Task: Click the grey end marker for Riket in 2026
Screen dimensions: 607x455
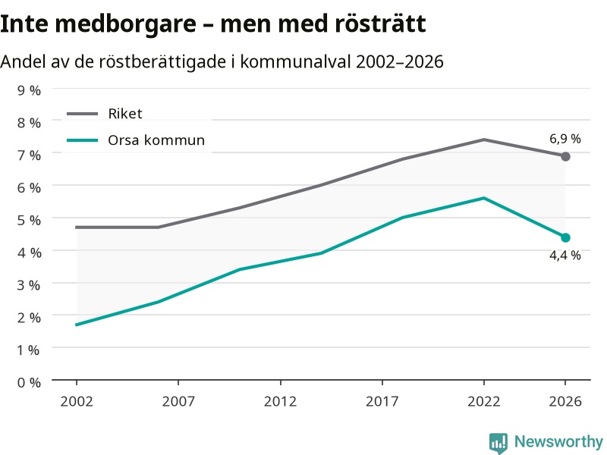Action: (565, 156)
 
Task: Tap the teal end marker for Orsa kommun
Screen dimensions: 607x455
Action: (565, 237)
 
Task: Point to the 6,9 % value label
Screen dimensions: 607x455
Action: (565, 139)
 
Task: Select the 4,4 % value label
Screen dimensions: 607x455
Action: (565, 256)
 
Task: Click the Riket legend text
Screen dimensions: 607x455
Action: (125, 114)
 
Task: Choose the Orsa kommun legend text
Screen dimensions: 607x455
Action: (156, 140)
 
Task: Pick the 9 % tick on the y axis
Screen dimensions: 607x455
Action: (29, 90)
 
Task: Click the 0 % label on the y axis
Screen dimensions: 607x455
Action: (29, 383)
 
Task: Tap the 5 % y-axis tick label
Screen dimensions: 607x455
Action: (29, 220)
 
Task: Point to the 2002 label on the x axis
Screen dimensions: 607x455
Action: (77, 401)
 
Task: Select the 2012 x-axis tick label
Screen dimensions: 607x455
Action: (280, 401)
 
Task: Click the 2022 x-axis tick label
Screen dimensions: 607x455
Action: (484, 401)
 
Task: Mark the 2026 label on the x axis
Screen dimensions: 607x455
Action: (565, 401)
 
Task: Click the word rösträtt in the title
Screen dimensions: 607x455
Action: (380, 24)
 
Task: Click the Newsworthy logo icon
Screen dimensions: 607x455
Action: (498, 443)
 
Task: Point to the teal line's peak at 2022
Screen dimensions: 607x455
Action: (484, 198)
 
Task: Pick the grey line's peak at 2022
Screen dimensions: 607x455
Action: (484, 140)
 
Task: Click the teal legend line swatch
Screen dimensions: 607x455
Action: (82, 140)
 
